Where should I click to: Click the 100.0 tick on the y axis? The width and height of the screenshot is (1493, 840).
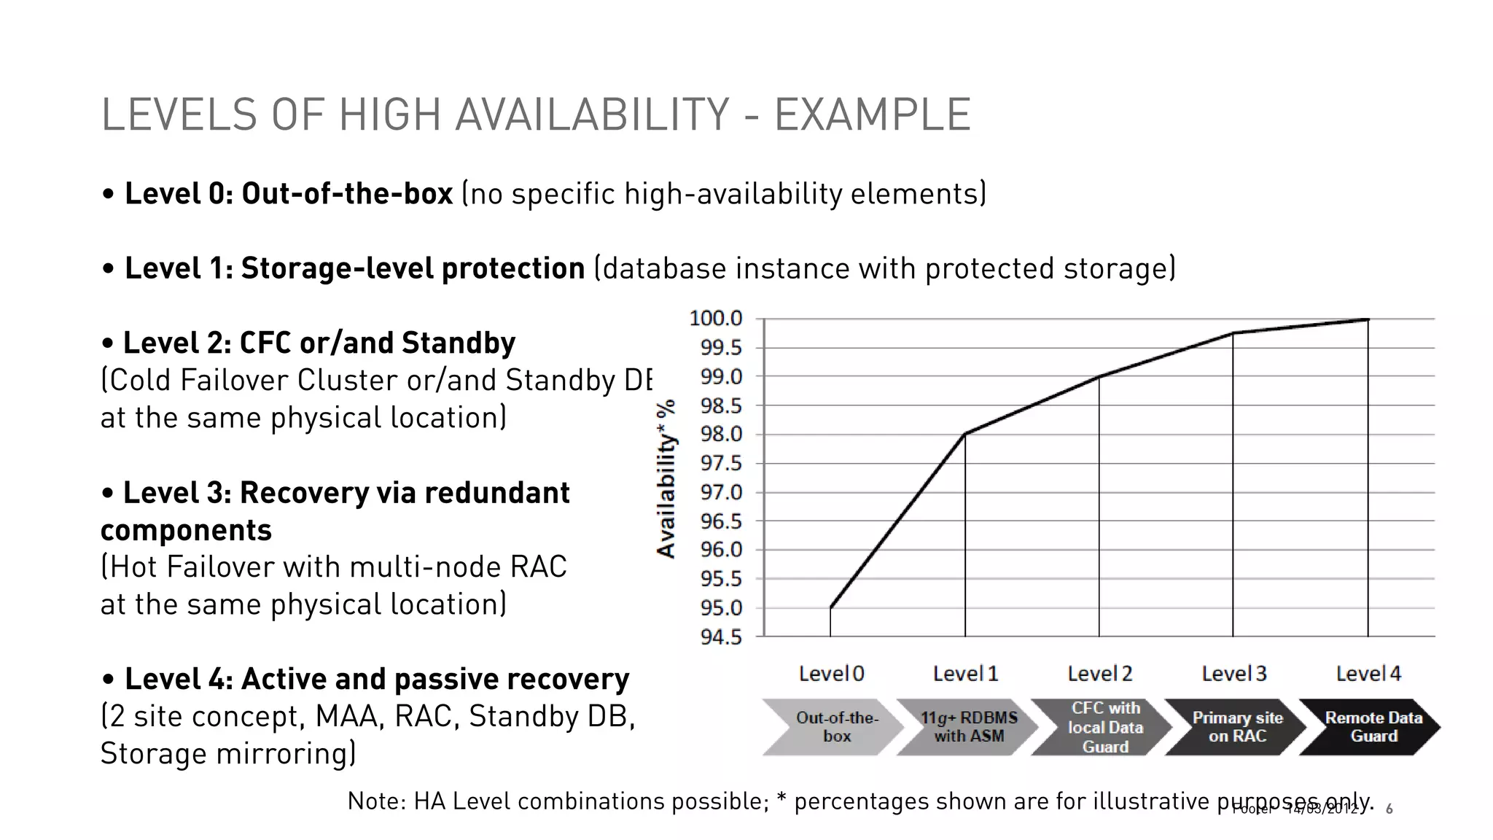pos(715,319)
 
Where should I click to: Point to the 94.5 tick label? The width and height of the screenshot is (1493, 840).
pos(720,637)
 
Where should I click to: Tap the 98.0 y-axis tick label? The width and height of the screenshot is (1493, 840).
pos(720,435)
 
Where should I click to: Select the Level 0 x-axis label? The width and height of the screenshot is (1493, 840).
pos(831,674)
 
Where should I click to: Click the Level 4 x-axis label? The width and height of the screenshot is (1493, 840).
pos(1368,674)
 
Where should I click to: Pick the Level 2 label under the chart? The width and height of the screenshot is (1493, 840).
pos(1099,674)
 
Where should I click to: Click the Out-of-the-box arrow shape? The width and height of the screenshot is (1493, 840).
pos(831,727)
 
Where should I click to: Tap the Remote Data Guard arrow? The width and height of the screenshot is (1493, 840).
pos(1371,727)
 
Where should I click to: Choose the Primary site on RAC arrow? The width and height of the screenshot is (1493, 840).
pos(1236,727)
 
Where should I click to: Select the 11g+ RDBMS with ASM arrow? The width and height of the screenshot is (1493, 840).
pos(967,727)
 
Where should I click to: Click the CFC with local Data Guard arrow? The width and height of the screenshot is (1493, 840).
pos(1102,727)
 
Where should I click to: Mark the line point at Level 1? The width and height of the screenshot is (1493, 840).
pos(965,435)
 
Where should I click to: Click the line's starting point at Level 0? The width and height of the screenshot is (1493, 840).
pos(830,607)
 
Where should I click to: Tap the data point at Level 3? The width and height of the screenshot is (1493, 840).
pos(1233,333)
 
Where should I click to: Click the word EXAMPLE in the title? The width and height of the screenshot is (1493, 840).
pos(872,115)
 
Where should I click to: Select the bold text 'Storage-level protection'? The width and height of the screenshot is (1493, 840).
pos(413,268)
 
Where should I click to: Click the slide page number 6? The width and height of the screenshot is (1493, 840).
pos(1389,809)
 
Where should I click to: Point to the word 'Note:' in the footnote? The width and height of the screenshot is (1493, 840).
pos(376,801)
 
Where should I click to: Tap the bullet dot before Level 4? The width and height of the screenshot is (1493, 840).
pos(109,680)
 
